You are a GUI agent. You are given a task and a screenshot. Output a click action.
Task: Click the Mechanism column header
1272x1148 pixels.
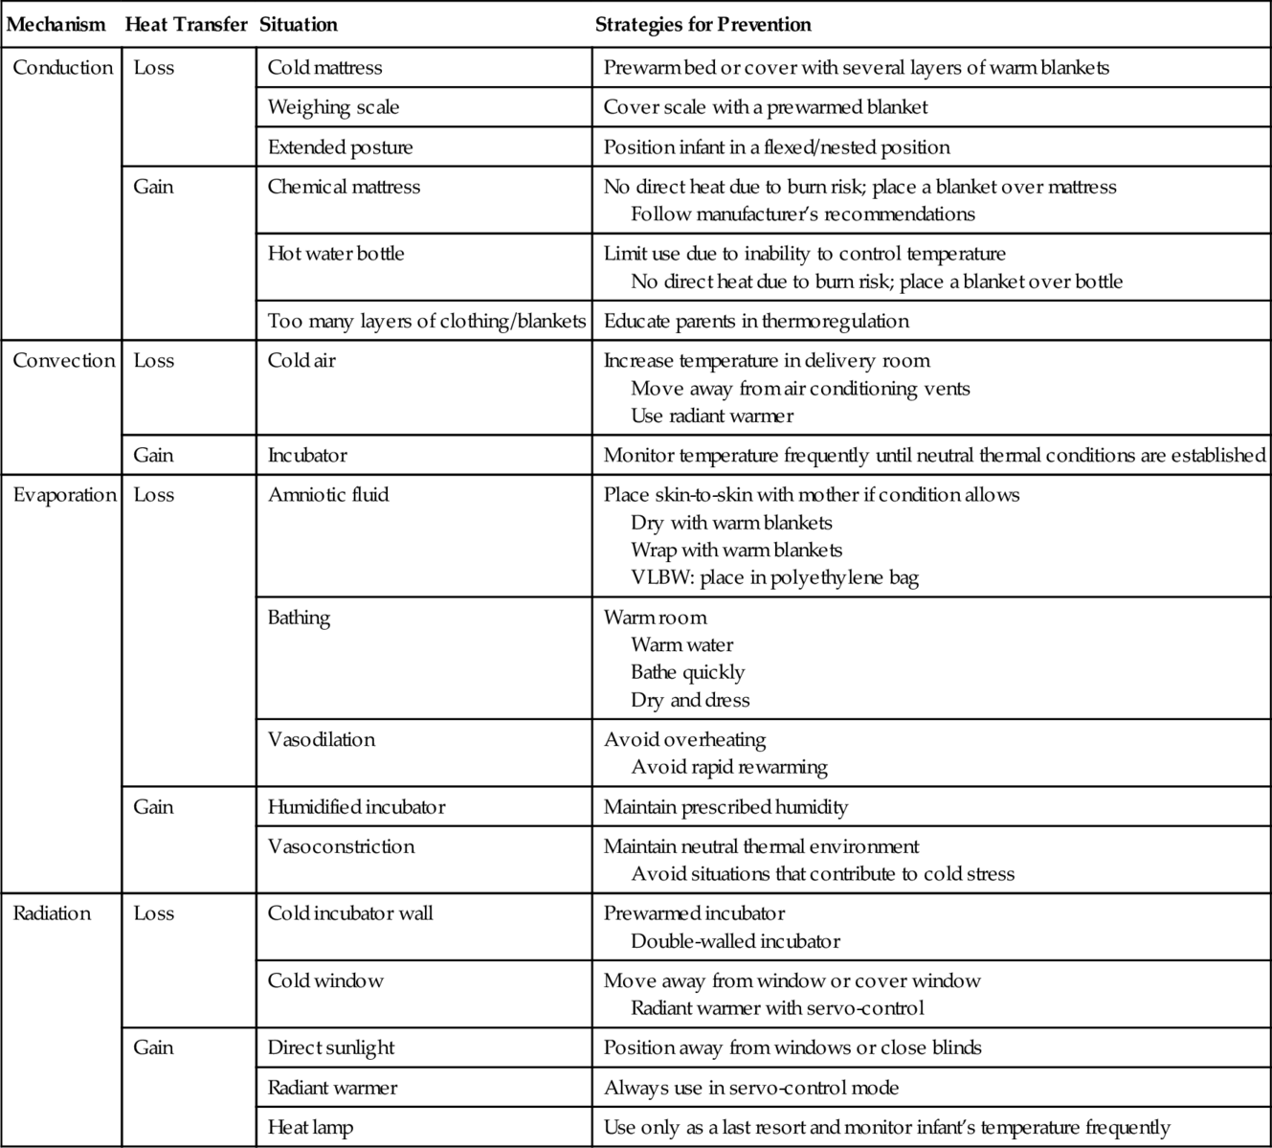click(x=56, y=25)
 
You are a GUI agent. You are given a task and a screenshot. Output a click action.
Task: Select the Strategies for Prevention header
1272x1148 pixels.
click(x=703, y=25)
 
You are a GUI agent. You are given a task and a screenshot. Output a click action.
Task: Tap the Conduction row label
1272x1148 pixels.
click(x=63, y=68)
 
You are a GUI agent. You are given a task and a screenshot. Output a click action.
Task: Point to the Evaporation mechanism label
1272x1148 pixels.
click(x=64, y=495)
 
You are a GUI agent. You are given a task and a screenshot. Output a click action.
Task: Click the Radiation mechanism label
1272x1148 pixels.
click(x=52, y=913)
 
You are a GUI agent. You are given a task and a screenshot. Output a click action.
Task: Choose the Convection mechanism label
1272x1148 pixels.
click(x=63, y=361)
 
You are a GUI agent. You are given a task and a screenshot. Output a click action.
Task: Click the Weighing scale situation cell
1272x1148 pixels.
click(x=333, y=107)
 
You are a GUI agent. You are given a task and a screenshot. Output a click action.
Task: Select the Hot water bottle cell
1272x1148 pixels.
click(x=336, y=254)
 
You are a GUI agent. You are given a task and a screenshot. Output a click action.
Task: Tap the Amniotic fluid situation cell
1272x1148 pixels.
click(x=328, y=495)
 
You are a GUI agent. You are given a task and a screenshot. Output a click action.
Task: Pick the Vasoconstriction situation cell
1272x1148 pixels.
click(x=341, y=846)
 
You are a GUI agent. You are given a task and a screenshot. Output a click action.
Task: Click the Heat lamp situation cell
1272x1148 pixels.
click(x=310, y=1128)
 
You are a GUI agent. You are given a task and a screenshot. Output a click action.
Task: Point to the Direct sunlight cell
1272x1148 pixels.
click(x=331, y=1047)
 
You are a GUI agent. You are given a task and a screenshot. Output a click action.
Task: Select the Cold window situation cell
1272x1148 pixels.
click(x=325, y=980)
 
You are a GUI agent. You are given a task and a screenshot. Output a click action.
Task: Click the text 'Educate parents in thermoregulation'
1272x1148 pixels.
click(x=756, y=321)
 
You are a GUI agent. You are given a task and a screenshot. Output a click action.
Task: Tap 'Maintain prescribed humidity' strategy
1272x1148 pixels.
click(x=725, y=807)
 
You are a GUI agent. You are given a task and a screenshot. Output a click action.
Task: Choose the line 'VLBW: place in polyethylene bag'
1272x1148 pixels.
click(x=774, y=577)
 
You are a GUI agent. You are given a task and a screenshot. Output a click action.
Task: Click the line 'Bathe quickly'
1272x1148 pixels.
click(x=687, y=672)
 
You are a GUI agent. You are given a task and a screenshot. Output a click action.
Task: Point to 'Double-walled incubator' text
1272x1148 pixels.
click(x=735, y=941)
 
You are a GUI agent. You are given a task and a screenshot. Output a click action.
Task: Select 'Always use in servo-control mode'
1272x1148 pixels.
click(x=751, y=1088)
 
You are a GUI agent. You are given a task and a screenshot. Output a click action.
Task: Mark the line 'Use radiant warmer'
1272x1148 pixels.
click(x=712, y=416)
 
